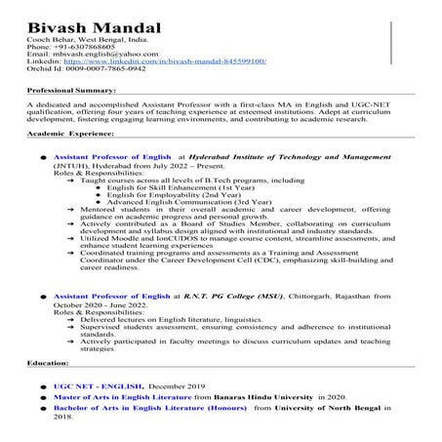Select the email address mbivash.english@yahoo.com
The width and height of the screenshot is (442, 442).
96,54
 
